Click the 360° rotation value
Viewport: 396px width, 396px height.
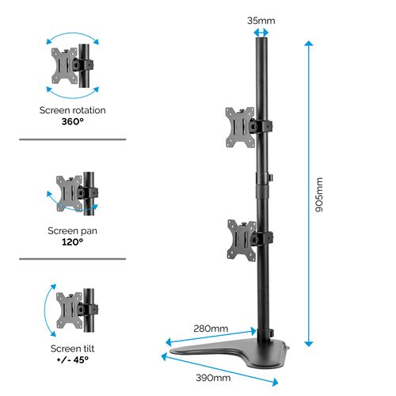click(72, 122)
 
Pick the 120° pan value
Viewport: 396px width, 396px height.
click(71, 242)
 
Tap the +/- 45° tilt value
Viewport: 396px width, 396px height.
click(71, 360)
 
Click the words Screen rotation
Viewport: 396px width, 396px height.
click(72, 110)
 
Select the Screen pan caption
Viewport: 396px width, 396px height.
click(71, 230)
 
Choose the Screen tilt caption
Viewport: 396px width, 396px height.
click(71, 348)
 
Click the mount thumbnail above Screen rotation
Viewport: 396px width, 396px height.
click(71, 65)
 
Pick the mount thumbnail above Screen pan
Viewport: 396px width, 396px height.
click(73, 193)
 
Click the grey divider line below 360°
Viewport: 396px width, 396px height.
click(71, 139)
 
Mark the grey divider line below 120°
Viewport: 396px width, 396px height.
click(71, 258)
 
